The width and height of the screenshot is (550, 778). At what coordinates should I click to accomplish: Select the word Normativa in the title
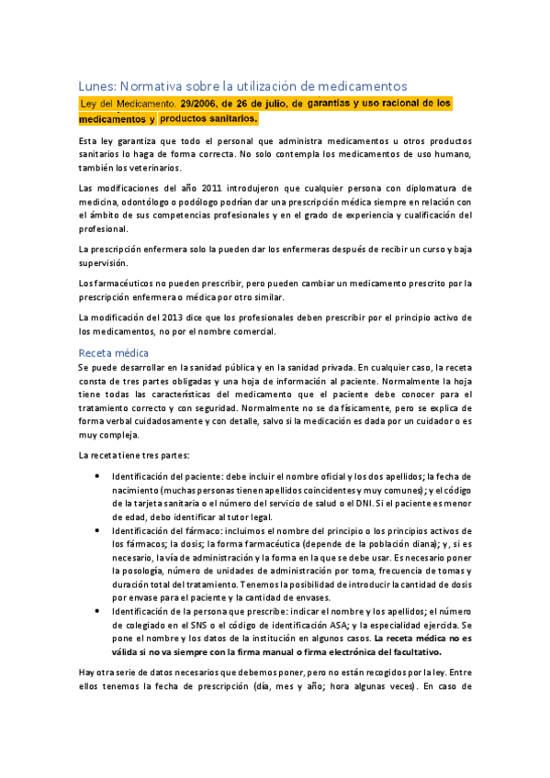pos(156,85)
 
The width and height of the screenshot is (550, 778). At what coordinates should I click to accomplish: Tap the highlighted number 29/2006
pos(202,105)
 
